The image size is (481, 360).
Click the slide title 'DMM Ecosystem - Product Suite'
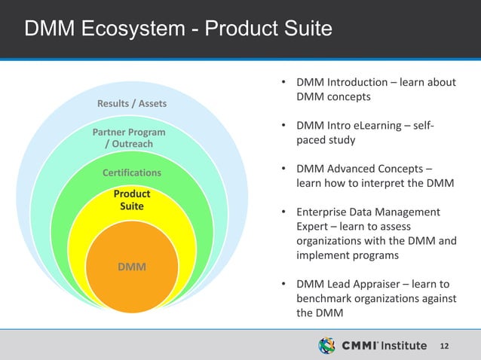[x=178, y=29]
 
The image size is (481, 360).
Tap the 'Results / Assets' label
[x=132, y=102]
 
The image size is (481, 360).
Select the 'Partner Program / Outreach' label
[x=129, y=138]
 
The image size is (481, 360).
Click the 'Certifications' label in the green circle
[x=132, y=173]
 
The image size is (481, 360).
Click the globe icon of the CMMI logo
[x=326, y=346]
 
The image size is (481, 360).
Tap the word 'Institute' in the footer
[x=403, y=346]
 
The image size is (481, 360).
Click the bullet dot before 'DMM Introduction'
[x=282, y=82]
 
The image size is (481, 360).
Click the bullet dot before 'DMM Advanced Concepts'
[x=282, y=169]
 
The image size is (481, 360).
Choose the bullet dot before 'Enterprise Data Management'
[x=282, y=212]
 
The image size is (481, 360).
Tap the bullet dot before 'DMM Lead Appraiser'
[x=282, y=285]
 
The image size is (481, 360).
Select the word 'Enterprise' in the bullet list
[x=323, y=212]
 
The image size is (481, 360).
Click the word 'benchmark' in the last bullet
[x=325, y=299]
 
